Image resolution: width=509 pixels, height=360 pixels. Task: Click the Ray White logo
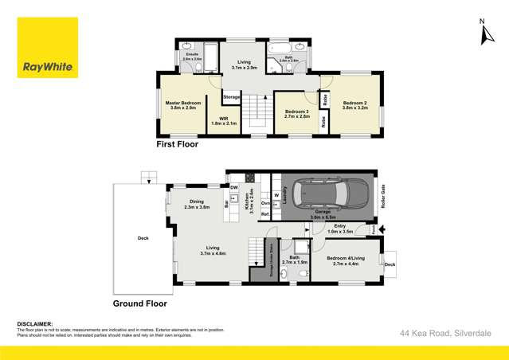pyautogui.click(x=48, y=48)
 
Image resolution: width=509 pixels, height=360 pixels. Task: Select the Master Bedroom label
pyautogui.click(x=182, y=105)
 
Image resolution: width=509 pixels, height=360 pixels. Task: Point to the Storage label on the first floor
pyautogui.click(x=232, y=96)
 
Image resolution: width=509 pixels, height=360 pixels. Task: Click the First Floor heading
pyautogui.click(x=177, y=145)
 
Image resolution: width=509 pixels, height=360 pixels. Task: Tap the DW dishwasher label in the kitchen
pyautogui.click(x=234, y=188)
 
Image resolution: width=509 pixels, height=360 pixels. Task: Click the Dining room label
pyautogui.click(x=196, y=204)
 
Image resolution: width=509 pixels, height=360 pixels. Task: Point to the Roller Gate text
pyautogui.click(x=383, y=196)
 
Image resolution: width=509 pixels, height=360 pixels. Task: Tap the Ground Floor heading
pyautogui.click(x=139, y=303)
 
